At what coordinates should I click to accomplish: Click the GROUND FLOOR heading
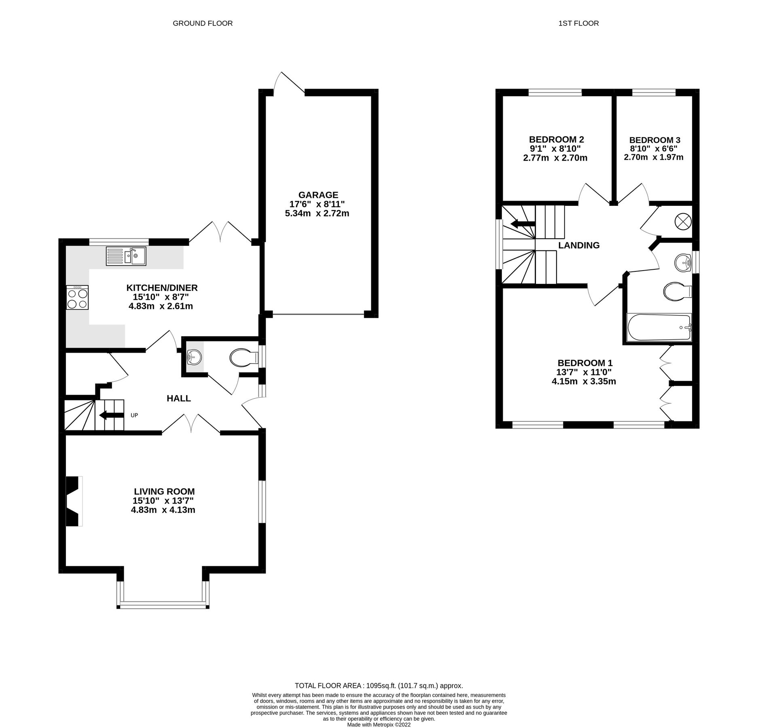point(203,23)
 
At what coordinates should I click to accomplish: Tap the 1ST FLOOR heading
point(578,23)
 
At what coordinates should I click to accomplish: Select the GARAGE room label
point(318,195)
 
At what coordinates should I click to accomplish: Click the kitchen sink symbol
point(126,256)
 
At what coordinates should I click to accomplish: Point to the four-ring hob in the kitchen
point(78,298)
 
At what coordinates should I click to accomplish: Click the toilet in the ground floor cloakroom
point(243,358)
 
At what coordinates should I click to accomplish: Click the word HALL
point(179,398)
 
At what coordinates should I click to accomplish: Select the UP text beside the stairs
point(134,415)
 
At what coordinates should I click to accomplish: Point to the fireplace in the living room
point(74,501)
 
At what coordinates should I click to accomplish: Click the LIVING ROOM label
point(164,491)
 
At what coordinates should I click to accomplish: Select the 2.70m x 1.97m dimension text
point(654,157)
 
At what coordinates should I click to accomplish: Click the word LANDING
point(579,245)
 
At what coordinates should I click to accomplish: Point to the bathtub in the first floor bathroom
point(659,327)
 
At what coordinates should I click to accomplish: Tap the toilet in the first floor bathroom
point(677,292)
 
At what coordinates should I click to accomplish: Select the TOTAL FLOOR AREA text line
point(379,686)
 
